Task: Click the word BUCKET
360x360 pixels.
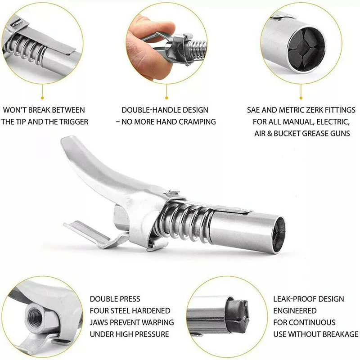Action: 293,133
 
